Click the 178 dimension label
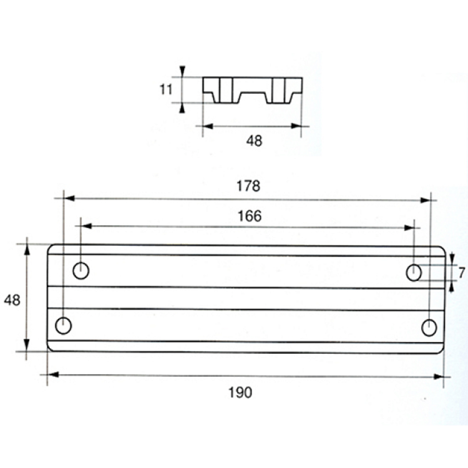(x=248, y=186)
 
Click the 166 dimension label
(x=250, y=216)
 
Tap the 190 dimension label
(x=240, y=392)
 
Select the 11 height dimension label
(x=166, y=89)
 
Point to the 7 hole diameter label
(x=462, y=273)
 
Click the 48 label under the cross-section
(x=255, y=141)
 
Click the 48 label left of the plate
(x=12, y=300)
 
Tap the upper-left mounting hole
(x=81, y=271)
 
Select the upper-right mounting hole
(x=414, y=273)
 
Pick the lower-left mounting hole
(x=64, y=326)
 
